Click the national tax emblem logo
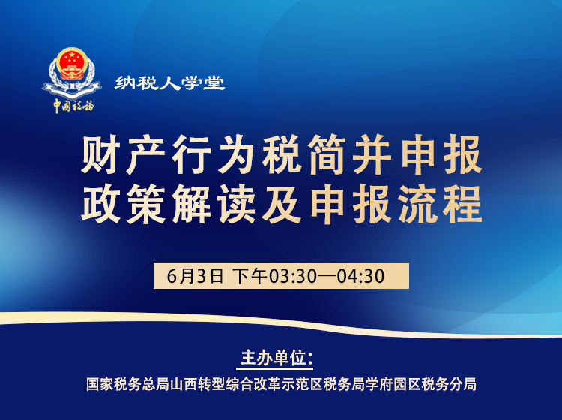coord(72,72)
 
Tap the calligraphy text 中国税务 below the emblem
coord(73,106)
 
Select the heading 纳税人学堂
coord(169,83)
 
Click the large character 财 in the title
coord(101,156)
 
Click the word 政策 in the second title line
coord(124,204)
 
